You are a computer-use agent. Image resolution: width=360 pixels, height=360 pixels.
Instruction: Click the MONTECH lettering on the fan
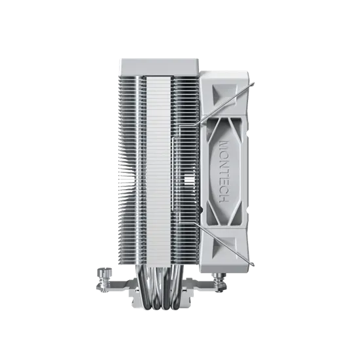pos(224,171)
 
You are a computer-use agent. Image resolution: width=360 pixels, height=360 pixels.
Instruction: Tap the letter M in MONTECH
pos(224,145)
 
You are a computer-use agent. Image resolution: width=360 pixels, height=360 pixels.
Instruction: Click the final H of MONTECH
pos(224,199)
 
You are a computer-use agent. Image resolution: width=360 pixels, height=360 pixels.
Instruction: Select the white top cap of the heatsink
pos(159,67)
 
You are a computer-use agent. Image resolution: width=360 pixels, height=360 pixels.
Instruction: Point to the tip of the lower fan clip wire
pos(253,264)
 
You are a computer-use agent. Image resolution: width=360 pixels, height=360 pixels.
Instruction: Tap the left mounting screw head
pos(104,272)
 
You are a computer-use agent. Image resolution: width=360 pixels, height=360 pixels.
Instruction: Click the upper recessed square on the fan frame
pos(224,94)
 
